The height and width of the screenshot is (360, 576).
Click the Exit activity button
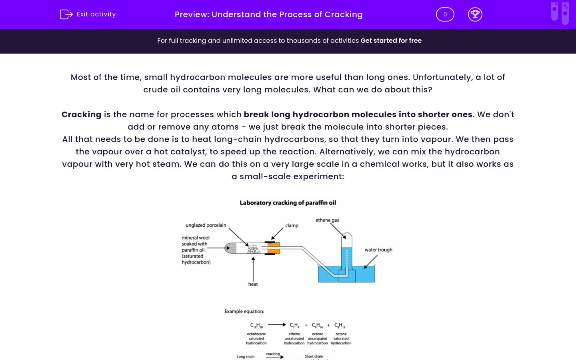pyautogui.click(x=88, y=14)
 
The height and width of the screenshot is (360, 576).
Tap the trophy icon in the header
pyautogui.click(x=475, y=14)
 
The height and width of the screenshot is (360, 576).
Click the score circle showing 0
pyautogui.click(x=445, y=14)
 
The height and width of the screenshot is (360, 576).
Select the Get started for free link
pyautogui.click(x=391, y=40)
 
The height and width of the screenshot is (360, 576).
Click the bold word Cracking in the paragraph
pyautogui.click(x=81, y=114)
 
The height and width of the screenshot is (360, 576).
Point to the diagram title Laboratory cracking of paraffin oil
pyautogui.click(x=288, y=203)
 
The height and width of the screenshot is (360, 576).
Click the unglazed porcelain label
pyautogui.click(x=206, y=225)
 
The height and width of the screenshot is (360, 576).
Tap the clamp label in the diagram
pyautogui.click(x=292, y=226)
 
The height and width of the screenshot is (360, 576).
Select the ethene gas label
pyautogui.click(x=327, y=220)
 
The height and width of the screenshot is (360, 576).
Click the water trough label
pyautogui.click(x=378, y=250)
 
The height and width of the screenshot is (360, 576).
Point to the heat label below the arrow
pyautogui.click(x=253, y=284)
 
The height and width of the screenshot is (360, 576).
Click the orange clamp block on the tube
pyautogui.click(x=274, y=248)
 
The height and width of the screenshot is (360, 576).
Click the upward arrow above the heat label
pyautogui.click(x=253, y=268)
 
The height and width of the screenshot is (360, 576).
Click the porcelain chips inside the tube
pyautogui.click(x=254, y=249)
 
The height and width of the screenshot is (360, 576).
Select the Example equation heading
pyautogui.click(x=244, y=311)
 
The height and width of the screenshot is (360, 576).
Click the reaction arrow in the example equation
pyautogui.click(x=277, y=325)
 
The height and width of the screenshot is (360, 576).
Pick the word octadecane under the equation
pyautogui.click(x=256, y=334)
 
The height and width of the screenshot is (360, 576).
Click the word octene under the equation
pyautogui.click(x=317, y=334)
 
